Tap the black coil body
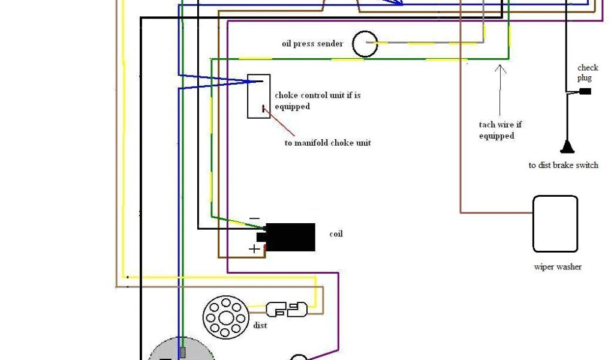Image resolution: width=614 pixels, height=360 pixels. click(x=290, y=237)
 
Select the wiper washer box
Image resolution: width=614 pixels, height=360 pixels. click(x=555, y=224)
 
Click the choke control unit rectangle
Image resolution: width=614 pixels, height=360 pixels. click(x=259, y=96)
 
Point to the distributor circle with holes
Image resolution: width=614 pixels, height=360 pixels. click(x=225, y=317)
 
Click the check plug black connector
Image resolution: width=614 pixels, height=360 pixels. click(x=585, y=91)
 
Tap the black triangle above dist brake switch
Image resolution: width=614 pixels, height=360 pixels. click(x=567, y=146)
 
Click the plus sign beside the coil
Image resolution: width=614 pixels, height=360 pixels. click(x=255, y=248)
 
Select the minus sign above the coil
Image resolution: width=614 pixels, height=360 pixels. click(x=255, y=218)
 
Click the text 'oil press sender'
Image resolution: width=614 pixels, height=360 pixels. click(x=312, y=43)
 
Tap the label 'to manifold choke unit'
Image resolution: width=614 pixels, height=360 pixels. click(x=327, y=143)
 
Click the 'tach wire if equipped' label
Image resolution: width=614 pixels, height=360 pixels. click(x=499, y=130)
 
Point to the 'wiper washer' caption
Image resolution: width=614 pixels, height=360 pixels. click(x=558, y=267)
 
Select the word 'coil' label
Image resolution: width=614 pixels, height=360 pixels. click(x=336, y=234)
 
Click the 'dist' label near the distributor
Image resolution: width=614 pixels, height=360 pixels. click(x=260, y=325)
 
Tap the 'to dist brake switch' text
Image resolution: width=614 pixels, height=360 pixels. click(x=563, y=165)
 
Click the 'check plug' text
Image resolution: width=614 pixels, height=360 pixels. click(x=588, y=73)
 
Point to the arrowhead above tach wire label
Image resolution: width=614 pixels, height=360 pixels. click(x=500, y=67)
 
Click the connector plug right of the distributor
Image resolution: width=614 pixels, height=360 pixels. click(x=287, y=310)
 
